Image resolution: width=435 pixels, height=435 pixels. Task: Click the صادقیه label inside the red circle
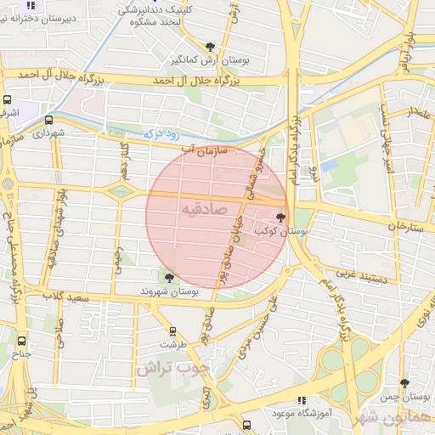coord(203,208)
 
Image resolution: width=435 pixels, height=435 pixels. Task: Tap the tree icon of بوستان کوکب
coord(281,218)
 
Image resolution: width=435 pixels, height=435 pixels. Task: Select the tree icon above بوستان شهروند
coord(169,278)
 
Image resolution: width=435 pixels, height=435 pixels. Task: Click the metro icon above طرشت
coord(173,331)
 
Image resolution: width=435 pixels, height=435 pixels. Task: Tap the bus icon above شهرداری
coord(48,120)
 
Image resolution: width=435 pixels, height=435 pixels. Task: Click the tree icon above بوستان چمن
coord(404,383)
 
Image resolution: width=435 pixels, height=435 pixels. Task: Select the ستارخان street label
coord(405,226)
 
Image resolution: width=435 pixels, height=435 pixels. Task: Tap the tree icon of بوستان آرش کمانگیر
coord(210,47)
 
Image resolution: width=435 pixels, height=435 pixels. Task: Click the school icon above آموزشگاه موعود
coord(301,400)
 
